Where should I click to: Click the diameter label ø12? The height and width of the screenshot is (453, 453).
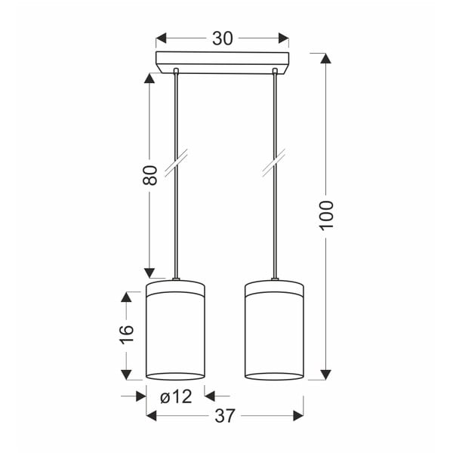pos(175,395)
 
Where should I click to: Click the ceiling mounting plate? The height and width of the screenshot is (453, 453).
pos(223,60)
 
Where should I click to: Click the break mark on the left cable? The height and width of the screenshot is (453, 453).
pos(177,164)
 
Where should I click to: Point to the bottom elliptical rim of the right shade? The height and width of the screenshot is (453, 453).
pos(275,375)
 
